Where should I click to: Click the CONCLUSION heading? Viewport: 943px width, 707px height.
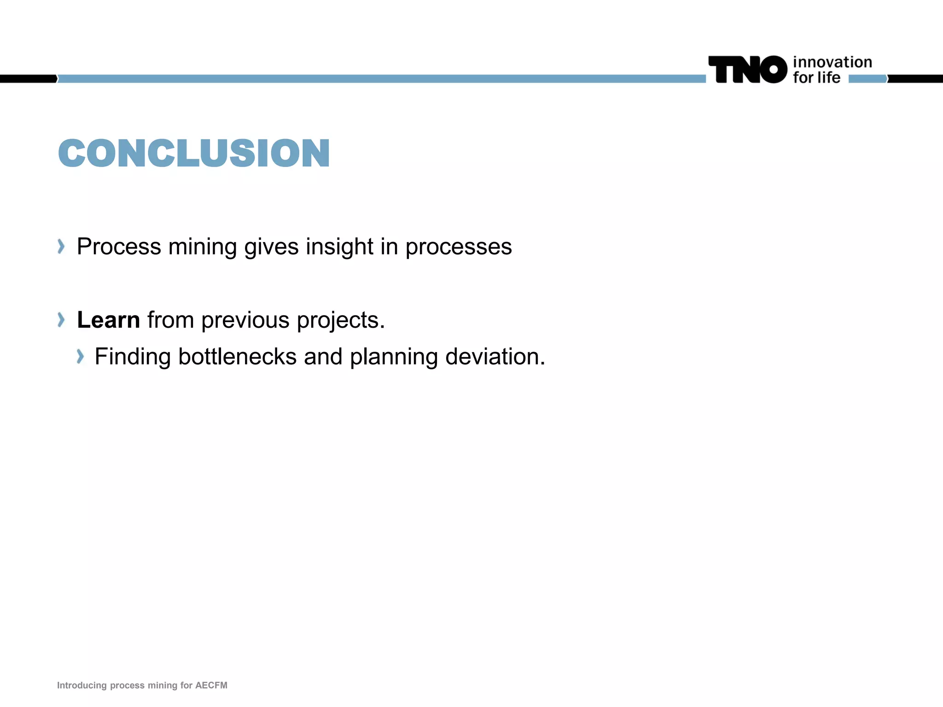coord(194,153)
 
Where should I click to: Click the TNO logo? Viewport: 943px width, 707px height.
coord(748,70)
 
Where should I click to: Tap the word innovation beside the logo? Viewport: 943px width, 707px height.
coord(832,62)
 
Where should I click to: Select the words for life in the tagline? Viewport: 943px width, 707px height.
coord(816,78)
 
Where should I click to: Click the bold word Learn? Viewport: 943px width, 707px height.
coord(108,320)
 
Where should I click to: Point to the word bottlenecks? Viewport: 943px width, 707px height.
coord(237,357)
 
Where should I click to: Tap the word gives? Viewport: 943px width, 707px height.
coord(271,247)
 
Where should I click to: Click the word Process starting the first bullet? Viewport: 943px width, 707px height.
coord(119,247)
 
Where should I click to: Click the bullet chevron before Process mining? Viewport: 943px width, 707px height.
coord(61,246)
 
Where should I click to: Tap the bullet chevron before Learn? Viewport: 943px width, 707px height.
coord(61,319)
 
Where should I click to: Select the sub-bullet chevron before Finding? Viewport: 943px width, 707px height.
coord(80,356)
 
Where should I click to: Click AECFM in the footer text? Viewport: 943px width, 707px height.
coord(211,685)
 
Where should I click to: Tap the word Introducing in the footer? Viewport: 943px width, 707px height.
coord(81,685)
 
